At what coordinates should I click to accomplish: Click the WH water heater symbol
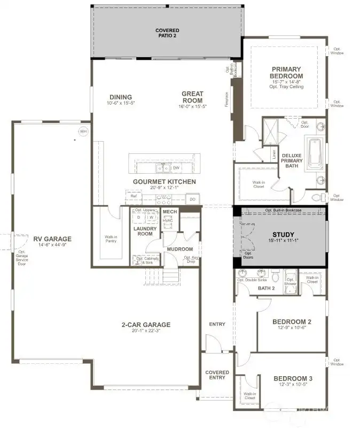83,131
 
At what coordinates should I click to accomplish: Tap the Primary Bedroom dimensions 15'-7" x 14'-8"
286,81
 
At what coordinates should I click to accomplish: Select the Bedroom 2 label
292,322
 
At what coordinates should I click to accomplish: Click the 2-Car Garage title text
145,324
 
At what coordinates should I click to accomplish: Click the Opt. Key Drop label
191,260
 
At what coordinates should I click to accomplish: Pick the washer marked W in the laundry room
151,217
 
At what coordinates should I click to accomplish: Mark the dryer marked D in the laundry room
139,217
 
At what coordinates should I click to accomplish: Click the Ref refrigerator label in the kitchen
135,197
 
